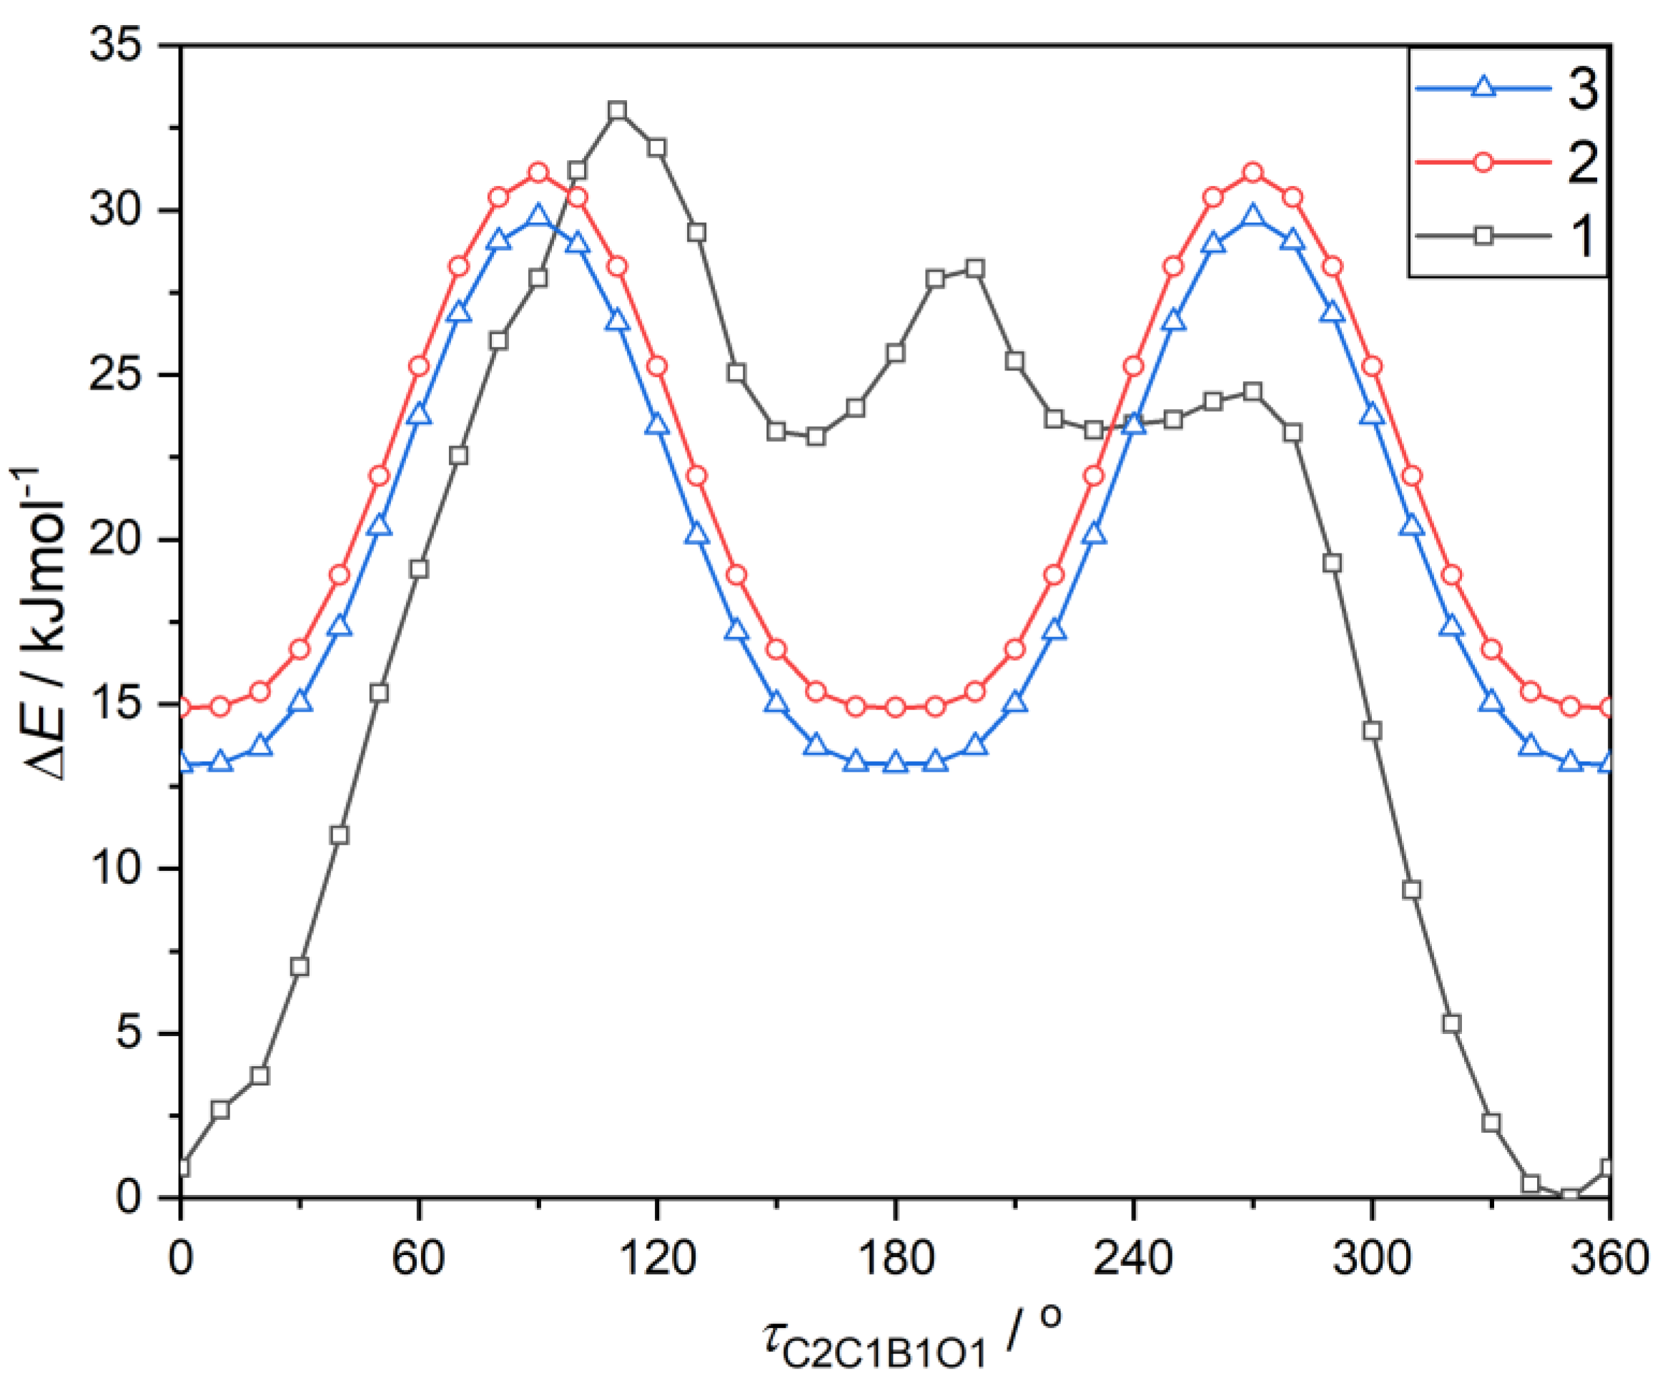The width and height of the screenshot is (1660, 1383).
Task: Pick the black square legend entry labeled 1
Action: click(1506, 236)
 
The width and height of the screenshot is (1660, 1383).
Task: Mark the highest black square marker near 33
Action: click(618, 110)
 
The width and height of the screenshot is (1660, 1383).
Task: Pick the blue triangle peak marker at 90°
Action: click(538, 217)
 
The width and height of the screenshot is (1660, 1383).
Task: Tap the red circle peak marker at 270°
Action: click(1253, 173)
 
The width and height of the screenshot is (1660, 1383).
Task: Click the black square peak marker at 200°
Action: click(974, 269)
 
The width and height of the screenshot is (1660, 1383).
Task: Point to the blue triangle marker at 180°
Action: click(896, 763)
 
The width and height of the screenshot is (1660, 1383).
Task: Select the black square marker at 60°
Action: click(419, 569)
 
